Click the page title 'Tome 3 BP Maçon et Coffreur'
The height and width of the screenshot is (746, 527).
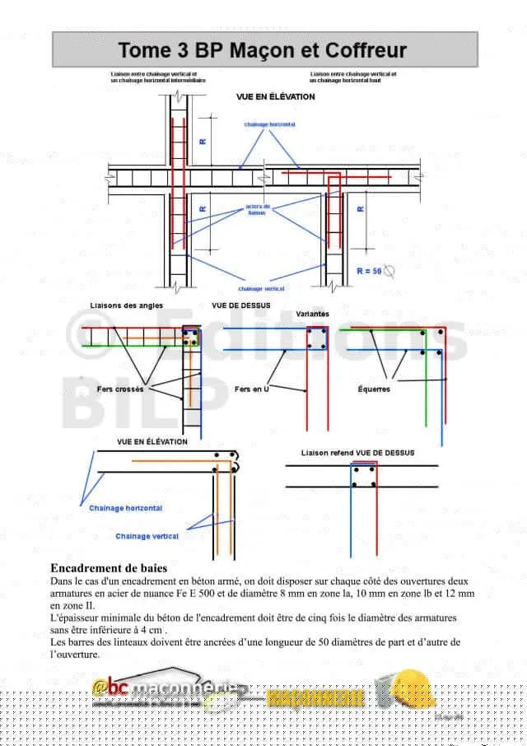pos(263,50)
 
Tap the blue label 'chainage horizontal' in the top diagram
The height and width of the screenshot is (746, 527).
pos(269,124)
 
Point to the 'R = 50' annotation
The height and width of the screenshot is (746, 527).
pos(368,271)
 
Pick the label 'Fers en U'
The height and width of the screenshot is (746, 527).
pos(252,389)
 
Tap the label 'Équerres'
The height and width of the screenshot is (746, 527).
pos(374,389)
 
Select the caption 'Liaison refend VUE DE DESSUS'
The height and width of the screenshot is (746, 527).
pos(357,453)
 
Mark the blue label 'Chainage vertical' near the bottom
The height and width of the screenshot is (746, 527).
pos(147,536)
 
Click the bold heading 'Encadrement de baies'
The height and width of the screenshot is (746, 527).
pos(109,568)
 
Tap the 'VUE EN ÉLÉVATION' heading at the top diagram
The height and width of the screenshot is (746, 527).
pos(275,96)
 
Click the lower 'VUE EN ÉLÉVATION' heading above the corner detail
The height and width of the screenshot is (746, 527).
pos(152,441)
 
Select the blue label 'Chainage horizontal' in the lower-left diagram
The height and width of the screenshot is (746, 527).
pos(125,508)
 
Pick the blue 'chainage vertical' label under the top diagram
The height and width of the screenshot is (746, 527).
pos(261,289)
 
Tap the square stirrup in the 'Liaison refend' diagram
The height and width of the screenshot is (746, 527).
pos(363,476)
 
